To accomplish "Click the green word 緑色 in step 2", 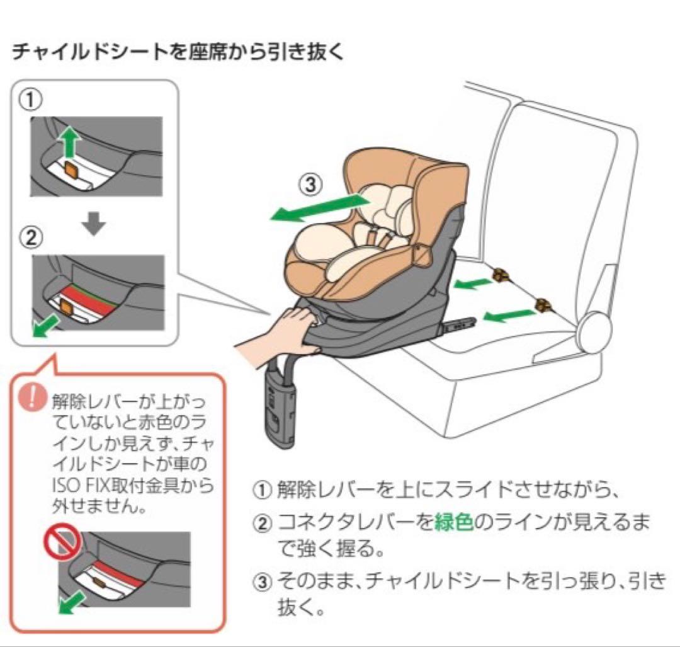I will click(x=453, y=523).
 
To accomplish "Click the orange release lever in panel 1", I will click(x=71, y=169).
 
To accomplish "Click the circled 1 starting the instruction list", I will click(x=261, y=490).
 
